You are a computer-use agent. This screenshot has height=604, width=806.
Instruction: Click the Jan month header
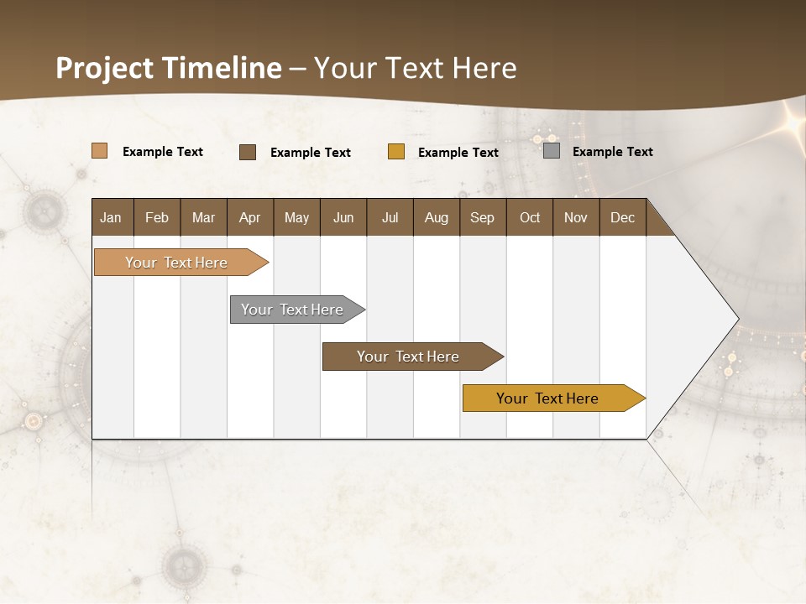(x=111, y=217)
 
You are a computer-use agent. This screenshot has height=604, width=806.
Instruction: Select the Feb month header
(x=157, y=217)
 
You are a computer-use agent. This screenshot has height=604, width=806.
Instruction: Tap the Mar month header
(x=203, y=217)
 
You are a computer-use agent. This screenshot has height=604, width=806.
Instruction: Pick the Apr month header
(x=249, y=217)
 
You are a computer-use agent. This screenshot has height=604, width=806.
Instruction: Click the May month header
(x=296, y=217)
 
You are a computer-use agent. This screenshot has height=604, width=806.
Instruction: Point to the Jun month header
(x=343, y=217)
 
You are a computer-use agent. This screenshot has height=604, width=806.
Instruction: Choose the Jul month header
(x=390, y=217)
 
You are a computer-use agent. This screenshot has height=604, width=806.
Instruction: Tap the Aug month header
(x=436, y=217)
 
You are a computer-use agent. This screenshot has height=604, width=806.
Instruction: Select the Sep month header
(x=482, y=217)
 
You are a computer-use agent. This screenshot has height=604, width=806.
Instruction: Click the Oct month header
(x=530, y=217)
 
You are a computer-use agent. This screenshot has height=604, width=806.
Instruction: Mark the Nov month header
(x=575, y=217)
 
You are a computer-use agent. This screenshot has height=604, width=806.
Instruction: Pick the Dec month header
(x=622, y=217)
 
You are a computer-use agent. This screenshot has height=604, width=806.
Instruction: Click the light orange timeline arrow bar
(x=176, y=263)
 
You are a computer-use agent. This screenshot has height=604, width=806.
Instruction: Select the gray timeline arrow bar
(x=292, y=310)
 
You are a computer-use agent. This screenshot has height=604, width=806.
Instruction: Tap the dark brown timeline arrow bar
(x=408, y=357)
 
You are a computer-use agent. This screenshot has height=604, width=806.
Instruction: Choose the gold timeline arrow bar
(x=547, y=398)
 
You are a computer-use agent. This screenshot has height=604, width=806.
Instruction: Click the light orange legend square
(x=99, y=151)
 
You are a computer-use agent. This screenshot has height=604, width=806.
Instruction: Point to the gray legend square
(x=552, y=151)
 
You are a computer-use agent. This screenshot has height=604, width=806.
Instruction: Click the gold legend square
(x=396, y=152)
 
